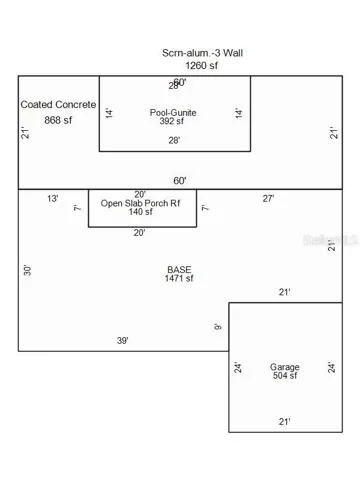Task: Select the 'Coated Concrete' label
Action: (x=59, y=105)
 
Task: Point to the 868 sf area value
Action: (x=59, y=120)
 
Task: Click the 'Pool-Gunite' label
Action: (x=173, y=113)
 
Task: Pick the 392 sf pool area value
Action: (x=173, y=124)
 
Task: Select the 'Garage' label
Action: (x=284, y=367)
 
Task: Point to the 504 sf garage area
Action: (x=284, y=378)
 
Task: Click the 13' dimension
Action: (x=52, y=199)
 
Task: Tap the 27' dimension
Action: (x=269, y=199)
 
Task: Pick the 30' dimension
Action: (x=28, y=270)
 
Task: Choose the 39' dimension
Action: (x=123, y=341)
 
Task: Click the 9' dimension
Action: (x=219, y=327)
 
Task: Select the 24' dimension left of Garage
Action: (x=237, y=367)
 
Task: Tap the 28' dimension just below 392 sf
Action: (x=174, y=141)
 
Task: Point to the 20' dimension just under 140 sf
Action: (x=140, y=233)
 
